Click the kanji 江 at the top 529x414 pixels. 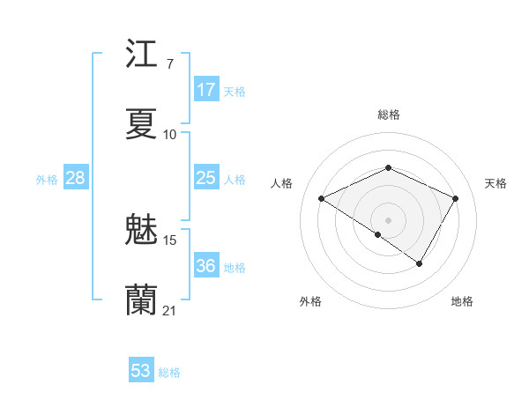[x=141, y=55]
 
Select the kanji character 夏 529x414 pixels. [x=141, y=125]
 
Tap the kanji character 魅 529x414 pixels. [x=141, y=231]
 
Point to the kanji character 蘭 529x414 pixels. [x=141, y=301]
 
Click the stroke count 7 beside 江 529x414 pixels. [x=169, y=63]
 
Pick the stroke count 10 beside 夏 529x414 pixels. [x=170, y=134]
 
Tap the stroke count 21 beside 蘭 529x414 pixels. [x=170, y=310]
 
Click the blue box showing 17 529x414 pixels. [x=206, y=90]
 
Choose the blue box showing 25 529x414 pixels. [x=206, y=178]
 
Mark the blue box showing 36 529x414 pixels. [x=206, y=266]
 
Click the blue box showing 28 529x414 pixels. [x=76, y=178]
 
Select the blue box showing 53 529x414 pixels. [x=141, y=371]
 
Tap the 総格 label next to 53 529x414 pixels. [x=169, y=373]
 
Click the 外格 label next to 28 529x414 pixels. [x=47, y=180]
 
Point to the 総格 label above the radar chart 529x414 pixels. [x=389, y=115]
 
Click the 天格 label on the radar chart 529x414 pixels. [x=496, y=183]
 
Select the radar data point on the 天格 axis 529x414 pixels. [x=456, y=198]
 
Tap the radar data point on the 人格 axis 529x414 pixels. [x=322, y=199]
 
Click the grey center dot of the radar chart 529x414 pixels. [x=389, y=219]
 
